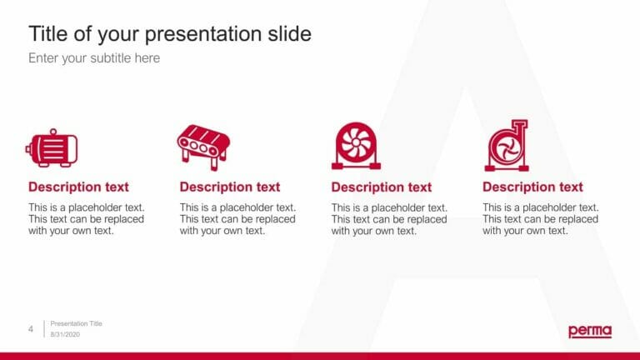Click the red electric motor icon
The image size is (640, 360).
(52, 148)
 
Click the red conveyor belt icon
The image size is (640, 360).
(203, 147)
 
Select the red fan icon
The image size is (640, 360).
(356, 146)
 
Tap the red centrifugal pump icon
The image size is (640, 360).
(506, 146)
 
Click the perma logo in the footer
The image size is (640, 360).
(589, 331)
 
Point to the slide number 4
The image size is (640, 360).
(31, 330)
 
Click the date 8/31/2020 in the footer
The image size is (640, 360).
(66, 335)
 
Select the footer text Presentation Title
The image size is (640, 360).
(76, 323)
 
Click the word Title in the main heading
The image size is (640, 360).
(47, 34)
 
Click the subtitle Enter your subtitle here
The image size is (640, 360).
(94, 58)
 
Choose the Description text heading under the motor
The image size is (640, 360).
(78, 187)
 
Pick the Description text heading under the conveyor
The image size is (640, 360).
(230, 187)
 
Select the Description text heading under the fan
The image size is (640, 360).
(382, 187)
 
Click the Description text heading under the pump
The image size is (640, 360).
(532, 187)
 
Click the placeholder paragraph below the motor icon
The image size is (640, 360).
(86, 219)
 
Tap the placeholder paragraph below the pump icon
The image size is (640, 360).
(540, 219)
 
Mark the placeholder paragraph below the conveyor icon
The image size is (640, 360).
(237, 219)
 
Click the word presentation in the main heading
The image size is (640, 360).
(195, 34)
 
